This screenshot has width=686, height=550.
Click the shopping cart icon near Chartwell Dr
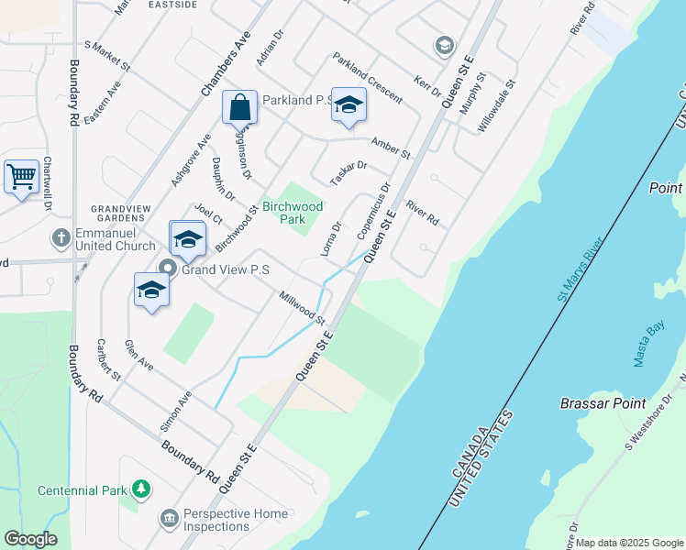tap(21, 175)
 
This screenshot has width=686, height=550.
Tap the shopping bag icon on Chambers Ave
tap(239, 107)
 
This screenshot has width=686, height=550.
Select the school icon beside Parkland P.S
tap(349, 105)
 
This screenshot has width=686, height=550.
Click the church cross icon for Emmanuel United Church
tap(61, 238)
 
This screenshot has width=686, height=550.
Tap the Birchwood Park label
tap(293, 213)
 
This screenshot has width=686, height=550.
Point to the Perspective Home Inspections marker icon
tap(169, 519)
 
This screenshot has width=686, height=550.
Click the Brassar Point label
tap(603, 403)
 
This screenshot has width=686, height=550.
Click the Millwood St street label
tap(303, 308)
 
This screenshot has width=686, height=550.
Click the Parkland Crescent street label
tap(368, 77)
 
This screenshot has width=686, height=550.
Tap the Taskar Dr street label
tap(349, 172)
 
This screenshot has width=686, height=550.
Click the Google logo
tap(30, 539)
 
